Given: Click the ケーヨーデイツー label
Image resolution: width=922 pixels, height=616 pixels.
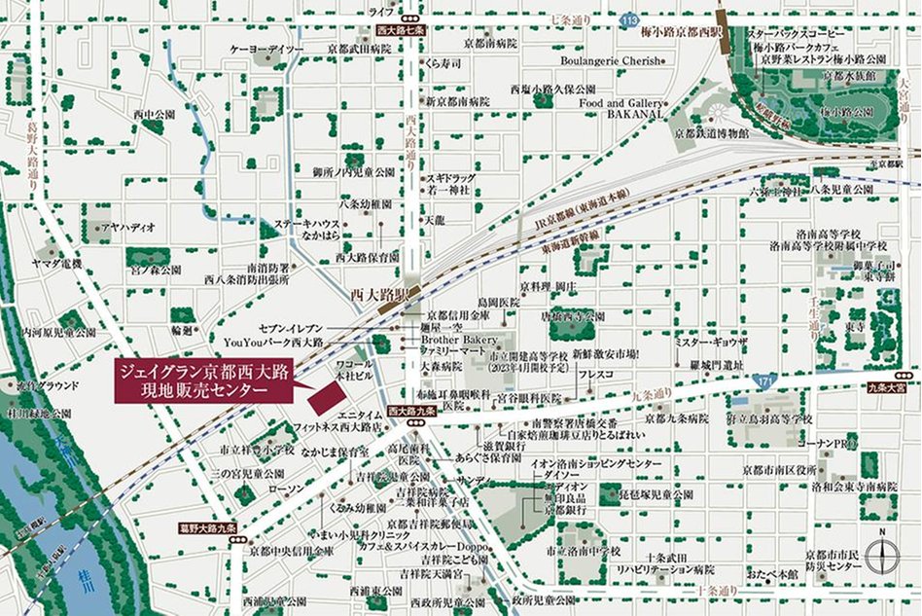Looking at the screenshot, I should click(x=267, y=50).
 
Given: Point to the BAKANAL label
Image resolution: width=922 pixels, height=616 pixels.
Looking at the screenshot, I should click(x=635, y=114).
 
